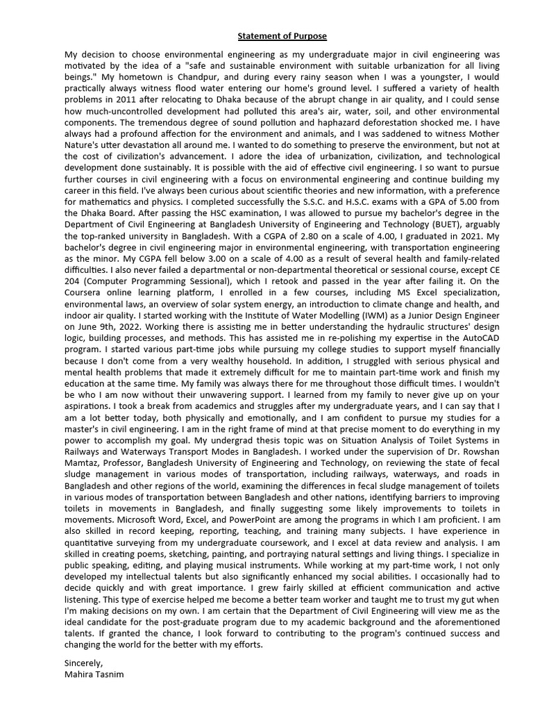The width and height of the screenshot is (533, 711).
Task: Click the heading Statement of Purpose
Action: [x=282, y=36]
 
